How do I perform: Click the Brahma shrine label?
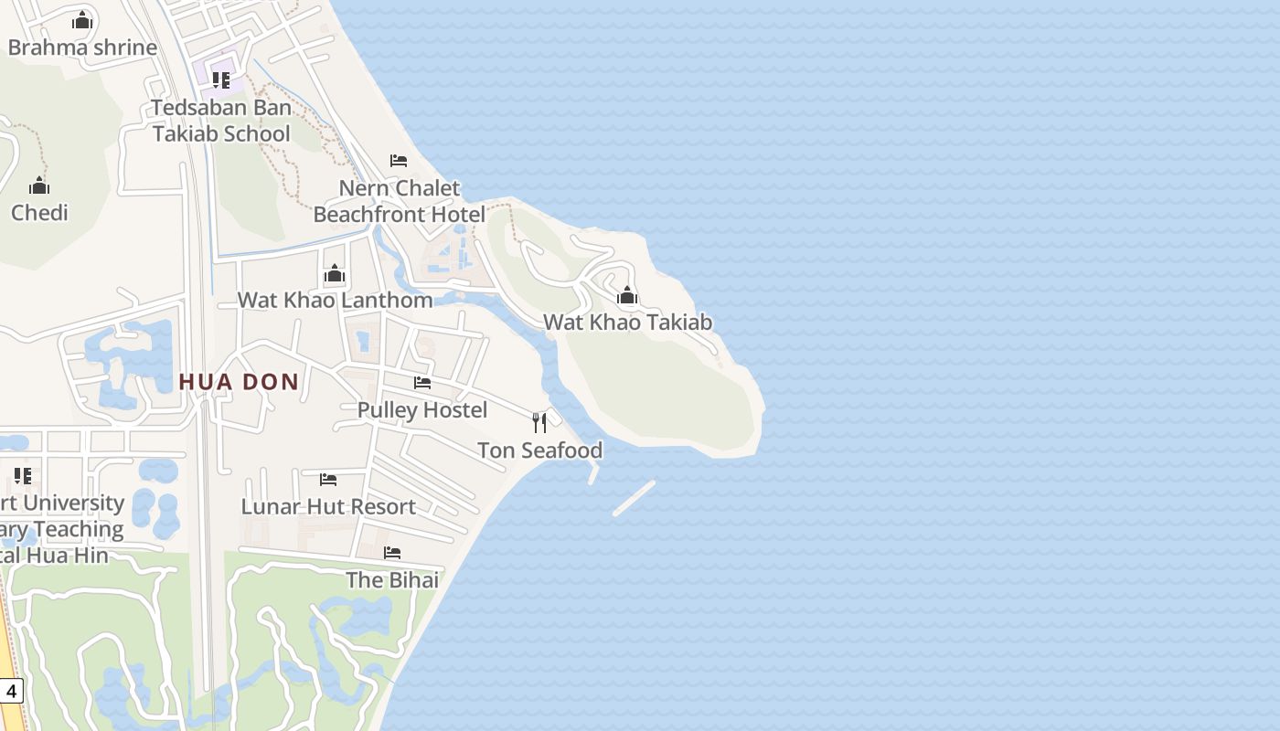[82, 48]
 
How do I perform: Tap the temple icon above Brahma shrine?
[82, 20]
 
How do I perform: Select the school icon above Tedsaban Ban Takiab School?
[220, 80]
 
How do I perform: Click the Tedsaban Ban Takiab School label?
[221, 121]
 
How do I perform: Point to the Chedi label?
[39, 213]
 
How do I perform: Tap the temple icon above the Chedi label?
[39, 186]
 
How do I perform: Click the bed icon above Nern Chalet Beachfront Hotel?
[399, 161]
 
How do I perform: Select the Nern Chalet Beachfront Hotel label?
[400, 201]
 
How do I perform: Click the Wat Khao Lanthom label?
[335, 300]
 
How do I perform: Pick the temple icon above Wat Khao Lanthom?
[335, 273]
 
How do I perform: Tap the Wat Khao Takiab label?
[627, 322]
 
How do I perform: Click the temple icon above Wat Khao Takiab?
[627, 295]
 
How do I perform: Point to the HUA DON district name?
[239, 382]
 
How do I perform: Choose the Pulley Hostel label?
[422, 409]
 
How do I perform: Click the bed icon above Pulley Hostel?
[422, 383]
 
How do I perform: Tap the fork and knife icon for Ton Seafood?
[539, 422]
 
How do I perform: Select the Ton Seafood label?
[539, 450]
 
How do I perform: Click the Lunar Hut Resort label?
[328, 506]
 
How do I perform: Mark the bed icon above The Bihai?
[392, 553]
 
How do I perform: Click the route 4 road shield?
[10, 691]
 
